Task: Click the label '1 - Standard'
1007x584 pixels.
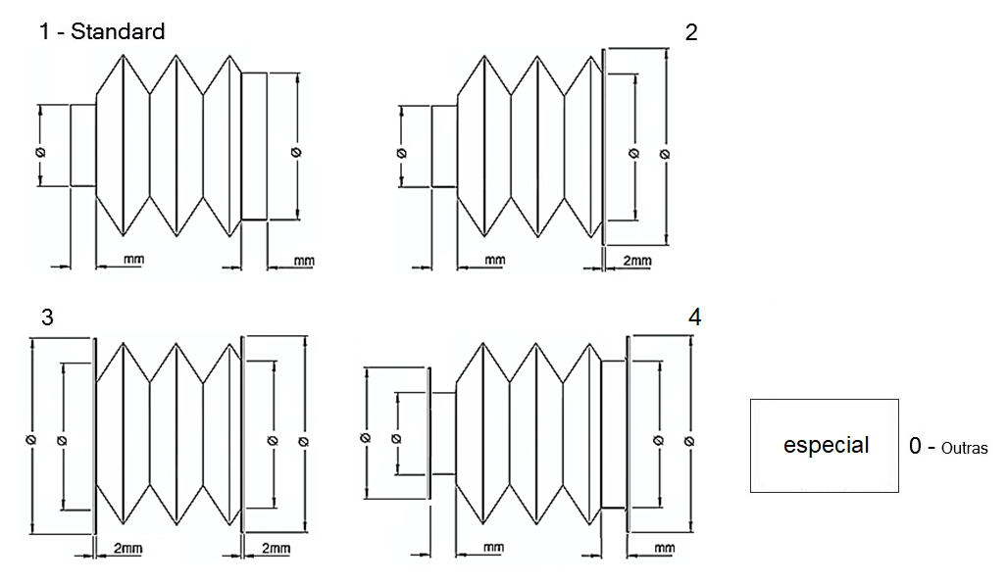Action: tap(101, 32)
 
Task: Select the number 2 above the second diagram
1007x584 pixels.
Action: tap(691, 32)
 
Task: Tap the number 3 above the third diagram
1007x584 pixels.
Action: tap(47, 317)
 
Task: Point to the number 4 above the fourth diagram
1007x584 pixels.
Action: tap(695, 317)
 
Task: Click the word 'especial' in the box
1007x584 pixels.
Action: tap(826, 445)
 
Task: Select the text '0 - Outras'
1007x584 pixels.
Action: tap(948, 447)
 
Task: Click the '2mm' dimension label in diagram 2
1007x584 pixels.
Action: tap(636, 261)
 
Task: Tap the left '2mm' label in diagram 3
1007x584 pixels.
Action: tap(127, 549)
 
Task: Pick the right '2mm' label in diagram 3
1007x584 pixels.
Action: tap(275, 549)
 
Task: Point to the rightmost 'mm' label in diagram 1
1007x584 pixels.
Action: tap(304, 261)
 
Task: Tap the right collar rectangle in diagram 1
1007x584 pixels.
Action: tap(254, 146)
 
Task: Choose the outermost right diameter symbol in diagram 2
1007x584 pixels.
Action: tap(665, 154)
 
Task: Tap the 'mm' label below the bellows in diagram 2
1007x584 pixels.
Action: tap(494, 261)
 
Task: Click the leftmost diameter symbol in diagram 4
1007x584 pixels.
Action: tap(365, 437)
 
